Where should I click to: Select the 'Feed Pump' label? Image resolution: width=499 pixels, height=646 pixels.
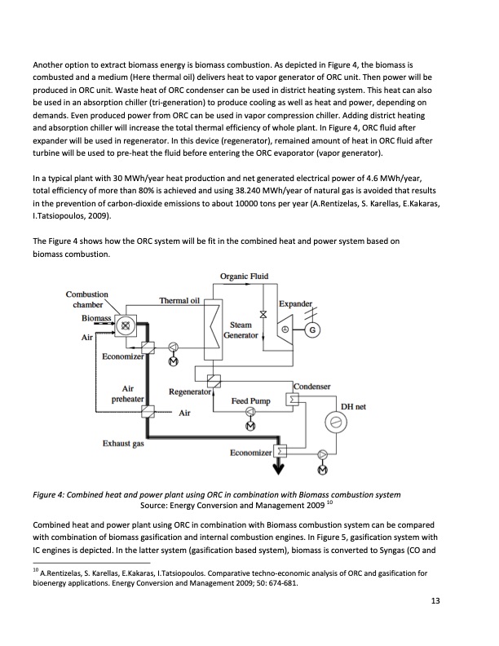250,401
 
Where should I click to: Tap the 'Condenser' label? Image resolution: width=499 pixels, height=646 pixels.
312,386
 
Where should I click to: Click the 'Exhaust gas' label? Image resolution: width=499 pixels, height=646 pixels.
122,444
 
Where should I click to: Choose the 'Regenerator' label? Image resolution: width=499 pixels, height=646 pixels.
190,392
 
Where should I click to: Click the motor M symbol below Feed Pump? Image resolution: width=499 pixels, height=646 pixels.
249,427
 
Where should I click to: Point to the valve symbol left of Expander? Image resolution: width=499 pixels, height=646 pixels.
263,314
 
